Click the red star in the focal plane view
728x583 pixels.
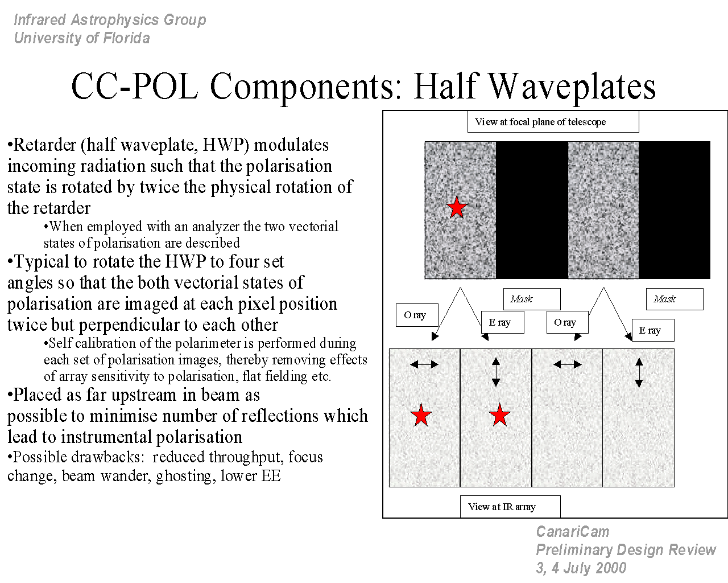point(457,207)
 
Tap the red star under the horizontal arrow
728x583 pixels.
point(421,414)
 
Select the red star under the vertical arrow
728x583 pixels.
point(500,414)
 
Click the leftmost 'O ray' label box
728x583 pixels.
point(417,315)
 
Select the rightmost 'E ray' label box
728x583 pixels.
point(653,330)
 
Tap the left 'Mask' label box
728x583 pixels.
point(532,299)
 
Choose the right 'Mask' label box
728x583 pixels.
point(675,299)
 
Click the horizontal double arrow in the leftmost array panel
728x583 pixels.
point(424,364)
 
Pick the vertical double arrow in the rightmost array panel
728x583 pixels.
point(639,373)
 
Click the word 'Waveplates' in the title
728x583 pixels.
point(572,87)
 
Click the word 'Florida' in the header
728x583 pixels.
point(126,38)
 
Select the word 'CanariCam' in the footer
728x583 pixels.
point(573,532)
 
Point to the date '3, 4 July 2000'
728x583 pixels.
point(581,568)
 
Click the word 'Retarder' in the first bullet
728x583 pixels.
point(45,145)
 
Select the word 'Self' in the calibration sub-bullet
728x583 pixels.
point(60,343)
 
